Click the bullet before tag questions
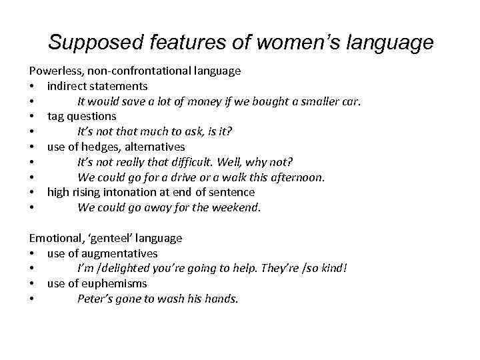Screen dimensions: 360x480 31,117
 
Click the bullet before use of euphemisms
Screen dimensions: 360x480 31,284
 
